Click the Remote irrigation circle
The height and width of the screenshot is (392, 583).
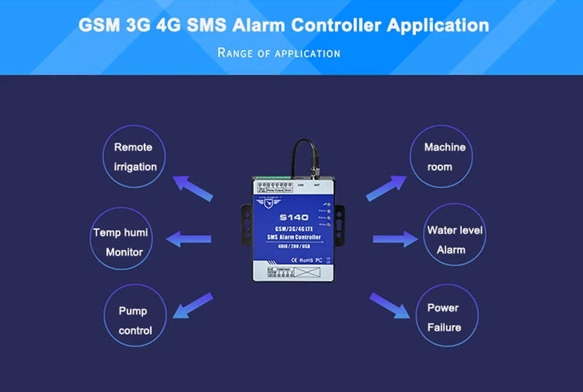(135, 157)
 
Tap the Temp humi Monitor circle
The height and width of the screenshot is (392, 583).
(122, 242)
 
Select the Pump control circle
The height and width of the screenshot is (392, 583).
(135, 320)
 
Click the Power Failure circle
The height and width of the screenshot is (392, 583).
(445, 317)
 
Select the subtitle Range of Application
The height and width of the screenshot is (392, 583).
(279, 53)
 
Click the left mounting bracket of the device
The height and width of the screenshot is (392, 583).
(246, 222)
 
